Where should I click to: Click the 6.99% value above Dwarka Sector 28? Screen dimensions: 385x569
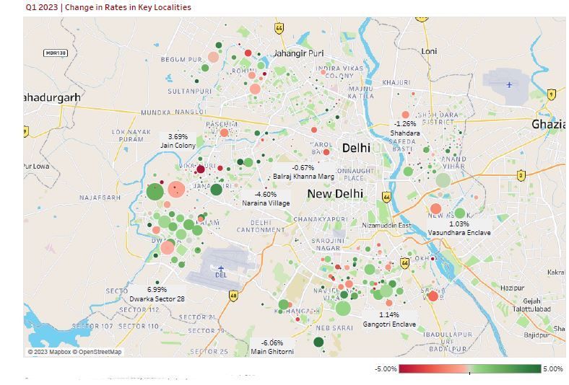pos(157,290)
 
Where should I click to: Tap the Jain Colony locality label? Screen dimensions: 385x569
pos(178,146)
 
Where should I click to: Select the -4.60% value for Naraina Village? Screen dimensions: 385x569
pos(266,195)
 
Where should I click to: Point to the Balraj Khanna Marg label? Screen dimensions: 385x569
pos(303,177)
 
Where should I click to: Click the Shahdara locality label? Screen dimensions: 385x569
pos(405,133)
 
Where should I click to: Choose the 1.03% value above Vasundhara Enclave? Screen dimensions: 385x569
pos(459,224)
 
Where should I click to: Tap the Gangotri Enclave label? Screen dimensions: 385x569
pos(389,324)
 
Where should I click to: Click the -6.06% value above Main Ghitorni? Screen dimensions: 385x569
pos(272,343)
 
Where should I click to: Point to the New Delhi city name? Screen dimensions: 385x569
pos(335,194)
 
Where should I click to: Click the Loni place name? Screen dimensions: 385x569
pos(430,51)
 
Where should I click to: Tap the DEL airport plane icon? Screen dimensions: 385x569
pos(221,268)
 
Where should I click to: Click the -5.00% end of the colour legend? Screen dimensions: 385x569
pos(386,369)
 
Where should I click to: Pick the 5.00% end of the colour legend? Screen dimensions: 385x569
pos(553,369)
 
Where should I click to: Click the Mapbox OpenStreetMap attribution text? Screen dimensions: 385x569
pos(75,352)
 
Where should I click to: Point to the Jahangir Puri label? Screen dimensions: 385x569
pos(298,53)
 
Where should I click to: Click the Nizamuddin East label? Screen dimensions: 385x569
pos(386,226)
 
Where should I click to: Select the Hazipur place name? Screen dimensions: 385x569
pos(512,288)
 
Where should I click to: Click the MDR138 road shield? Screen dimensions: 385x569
pos(56,53)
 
